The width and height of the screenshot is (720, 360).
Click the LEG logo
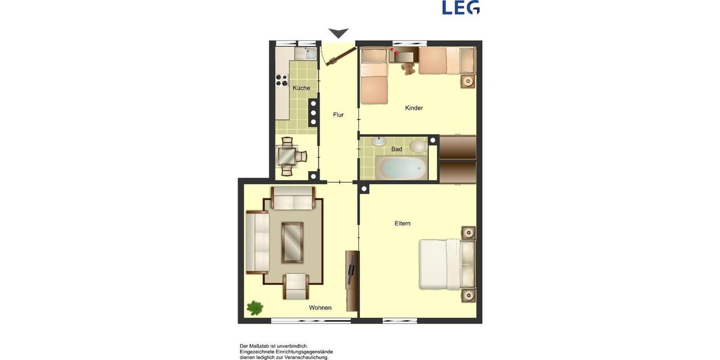pos(461,8)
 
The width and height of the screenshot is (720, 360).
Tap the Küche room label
pos(301,88)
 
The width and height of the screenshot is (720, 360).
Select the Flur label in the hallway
pos(338,115)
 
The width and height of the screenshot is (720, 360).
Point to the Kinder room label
pos(414,108)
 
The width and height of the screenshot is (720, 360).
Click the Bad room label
pos(397,149)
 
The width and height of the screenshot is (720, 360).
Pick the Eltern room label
pos(403,223)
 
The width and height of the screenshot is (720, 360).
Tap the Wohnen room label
pos(320,308)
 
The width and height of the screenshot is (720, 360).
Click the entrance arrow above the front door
pos(338,34)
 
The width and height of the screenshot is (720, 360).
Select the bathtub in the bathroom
pos(403,167)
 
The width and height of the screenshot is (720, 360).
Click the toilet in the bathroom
pos(418,146)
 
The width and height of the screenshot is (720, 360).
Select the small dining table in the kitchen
pos(287,156)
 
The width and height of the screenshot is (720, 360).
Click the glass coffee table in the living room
pos(292,242)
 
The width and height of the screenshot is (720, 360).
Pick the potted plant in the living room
pos(255,308)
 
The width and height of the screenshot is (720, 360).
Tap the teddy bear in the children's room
pos(409,68)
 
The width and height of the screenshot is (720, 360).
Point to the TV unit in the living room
pos(352,280)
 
